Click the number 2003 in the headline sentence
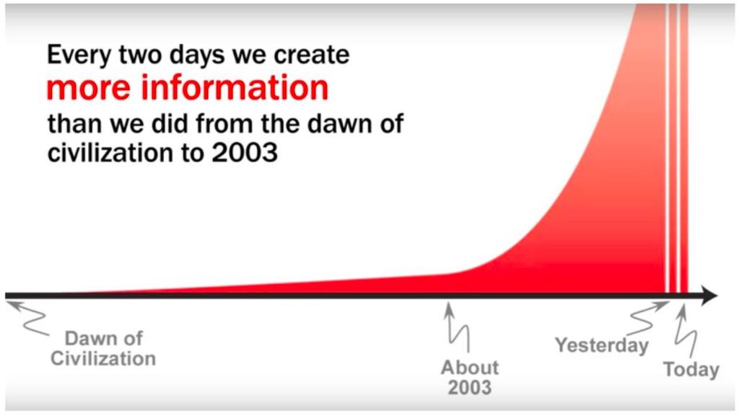coord(245,152)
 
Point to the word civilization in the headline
coord(110,152)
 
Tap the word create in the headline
coord(311,55)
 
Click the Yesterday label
coord(602,346)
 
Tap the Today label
coord(691,369)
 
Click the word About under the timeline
coord(470,367)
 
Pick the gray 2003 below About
coord(469,388)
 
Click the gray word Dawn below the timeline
coord(89,338)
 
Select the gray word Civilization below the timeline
coord(103,358)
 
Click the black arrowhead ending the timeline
coord(709,296)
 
